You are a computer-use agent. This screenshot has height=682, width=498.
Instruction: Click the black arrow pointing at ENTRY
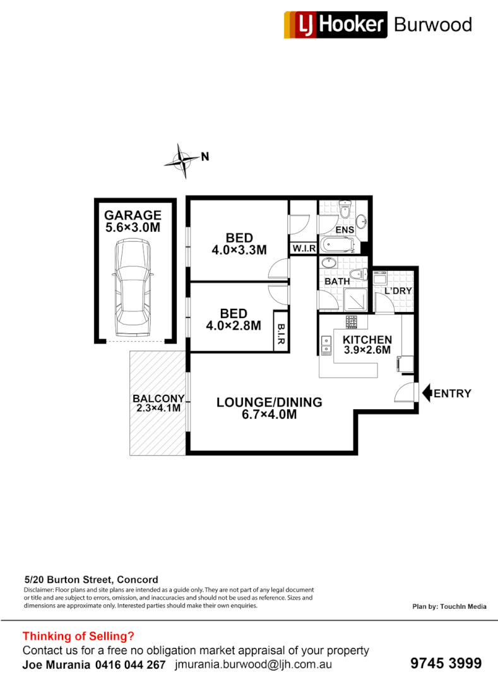pos(426,393)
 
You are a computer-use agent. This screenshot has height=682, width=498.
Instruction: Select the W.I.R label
pos(302,249)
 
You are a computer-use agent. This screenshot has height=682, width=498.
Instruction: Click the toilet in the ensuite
pos(345,208)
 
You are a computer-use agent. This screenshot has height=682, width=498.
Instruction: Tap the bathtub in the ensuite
pos(338,245)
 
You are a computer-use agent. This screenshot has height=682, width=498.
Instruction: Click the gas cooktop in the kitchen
pos(352,323)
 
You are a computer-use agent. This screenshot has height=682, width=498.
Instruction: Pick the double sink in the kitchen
pos(327,344)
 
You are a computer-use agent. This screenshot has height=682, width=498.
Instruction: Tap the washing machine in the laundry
pos(380,277)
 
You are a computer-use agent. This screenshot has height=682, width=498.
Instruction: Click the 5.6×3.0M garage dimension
pos(133,227)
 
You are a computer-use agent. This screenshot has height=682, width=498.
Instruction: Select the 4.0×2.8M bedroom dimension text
pos(233,326)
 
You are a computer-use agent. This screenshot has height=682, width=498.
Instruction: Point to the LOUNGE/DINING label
pos(269,402)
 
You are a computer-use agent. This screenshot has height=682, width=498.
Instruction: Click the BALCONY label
pos(158,398)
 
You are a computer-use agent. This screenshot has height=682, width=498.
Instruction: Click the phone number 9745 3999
pos(446,663)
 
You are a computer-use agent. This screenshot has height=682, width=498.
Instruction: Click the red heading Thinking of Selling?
pos(78,636)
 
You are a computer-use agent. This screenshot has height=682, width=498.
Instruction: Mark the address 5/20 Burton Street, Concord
pos(91,579)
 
